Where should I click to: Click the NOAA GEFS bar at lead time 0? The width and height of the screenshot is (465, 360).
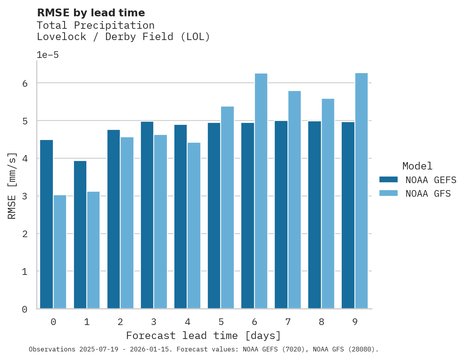[46, 224]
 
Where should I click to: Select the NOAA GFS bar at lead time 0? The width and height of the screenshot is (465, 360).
[60, 252]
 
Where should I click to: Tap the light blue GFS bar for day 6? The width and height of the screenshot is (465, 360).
[261, 191]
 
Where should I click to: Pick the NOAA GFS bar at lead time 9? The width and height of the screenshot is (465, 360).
[361, 191]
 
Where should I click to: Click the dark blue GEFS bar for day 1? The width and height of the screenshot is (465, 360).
[80, 235]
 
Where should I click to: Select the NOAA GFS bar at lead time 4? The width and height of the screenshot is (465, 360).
[194, 225]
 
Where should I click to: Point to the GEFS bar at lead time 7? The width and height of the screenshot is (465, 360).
[281, 215]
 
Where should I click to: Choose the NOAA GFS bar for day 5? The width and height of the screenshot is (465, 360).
[227, 208]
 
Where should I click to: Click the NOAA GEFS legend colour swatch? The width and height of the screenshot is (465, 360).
[388, 180]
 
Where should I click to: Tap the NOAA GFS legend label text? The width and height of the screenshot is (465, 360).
[428, 194]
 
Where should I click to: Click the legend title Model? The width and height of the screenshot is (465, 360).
[417, 166]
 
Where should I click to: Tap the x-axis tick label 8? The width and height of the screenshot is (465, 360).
[321, 322]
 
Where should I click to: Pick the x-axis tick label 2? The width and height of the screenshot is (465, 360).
[120, 322]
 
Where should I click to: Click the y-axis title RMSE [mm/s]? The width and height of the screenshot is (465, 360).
[12, 185]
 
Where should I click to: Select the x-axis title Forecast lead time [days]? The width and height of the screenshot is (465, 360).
[203, 336]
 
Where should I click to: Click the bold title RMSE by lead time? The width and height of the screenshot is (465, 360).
[91, 13]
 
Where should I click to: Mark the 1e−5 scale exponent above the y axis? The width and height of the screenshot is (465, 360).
[47, 55]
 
